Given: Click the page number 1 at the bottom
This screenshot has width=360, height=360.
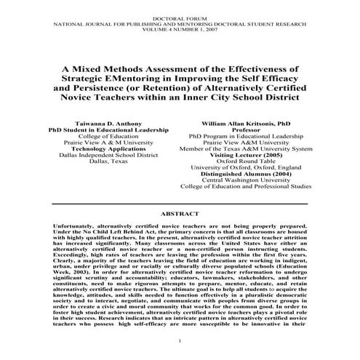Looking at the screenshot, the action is click(180, 341).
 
